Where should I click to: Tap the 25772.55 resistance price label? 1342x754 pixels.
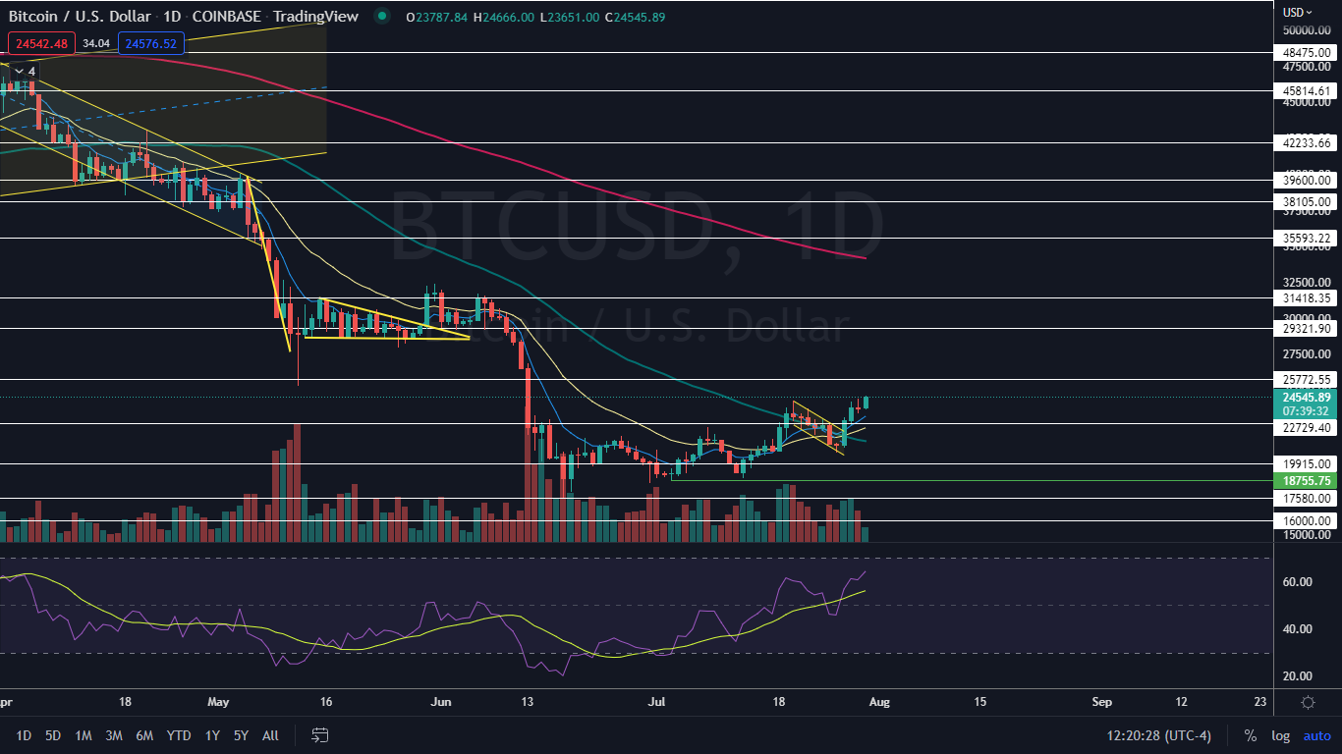(x=1307, y=379)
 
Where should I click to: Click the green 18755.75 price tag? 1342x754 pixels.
(x=1307, y=481)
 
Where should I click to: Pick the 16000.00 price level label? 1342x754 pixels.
(x=1307, y=520)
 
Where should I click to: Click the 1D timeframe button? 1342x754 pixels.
(x=25, y=735)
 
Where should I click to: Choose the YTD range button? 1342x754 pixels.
(x=179, y=735)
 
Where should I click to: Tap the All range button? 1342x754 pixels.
(x=271, y=735)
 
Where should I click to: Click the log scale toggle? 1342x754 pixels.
(x=1281, y=735)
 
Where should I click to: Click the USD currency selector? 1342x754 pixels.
(x=1298, y=12)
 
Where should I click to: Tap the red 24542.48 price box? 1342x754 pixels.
(x=40, y=43)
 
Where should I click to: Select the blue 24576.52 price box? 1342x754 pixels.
(x=150, y=43)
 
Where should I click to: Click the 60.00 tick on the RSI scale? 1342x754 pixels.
(x=1298, y=581)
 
